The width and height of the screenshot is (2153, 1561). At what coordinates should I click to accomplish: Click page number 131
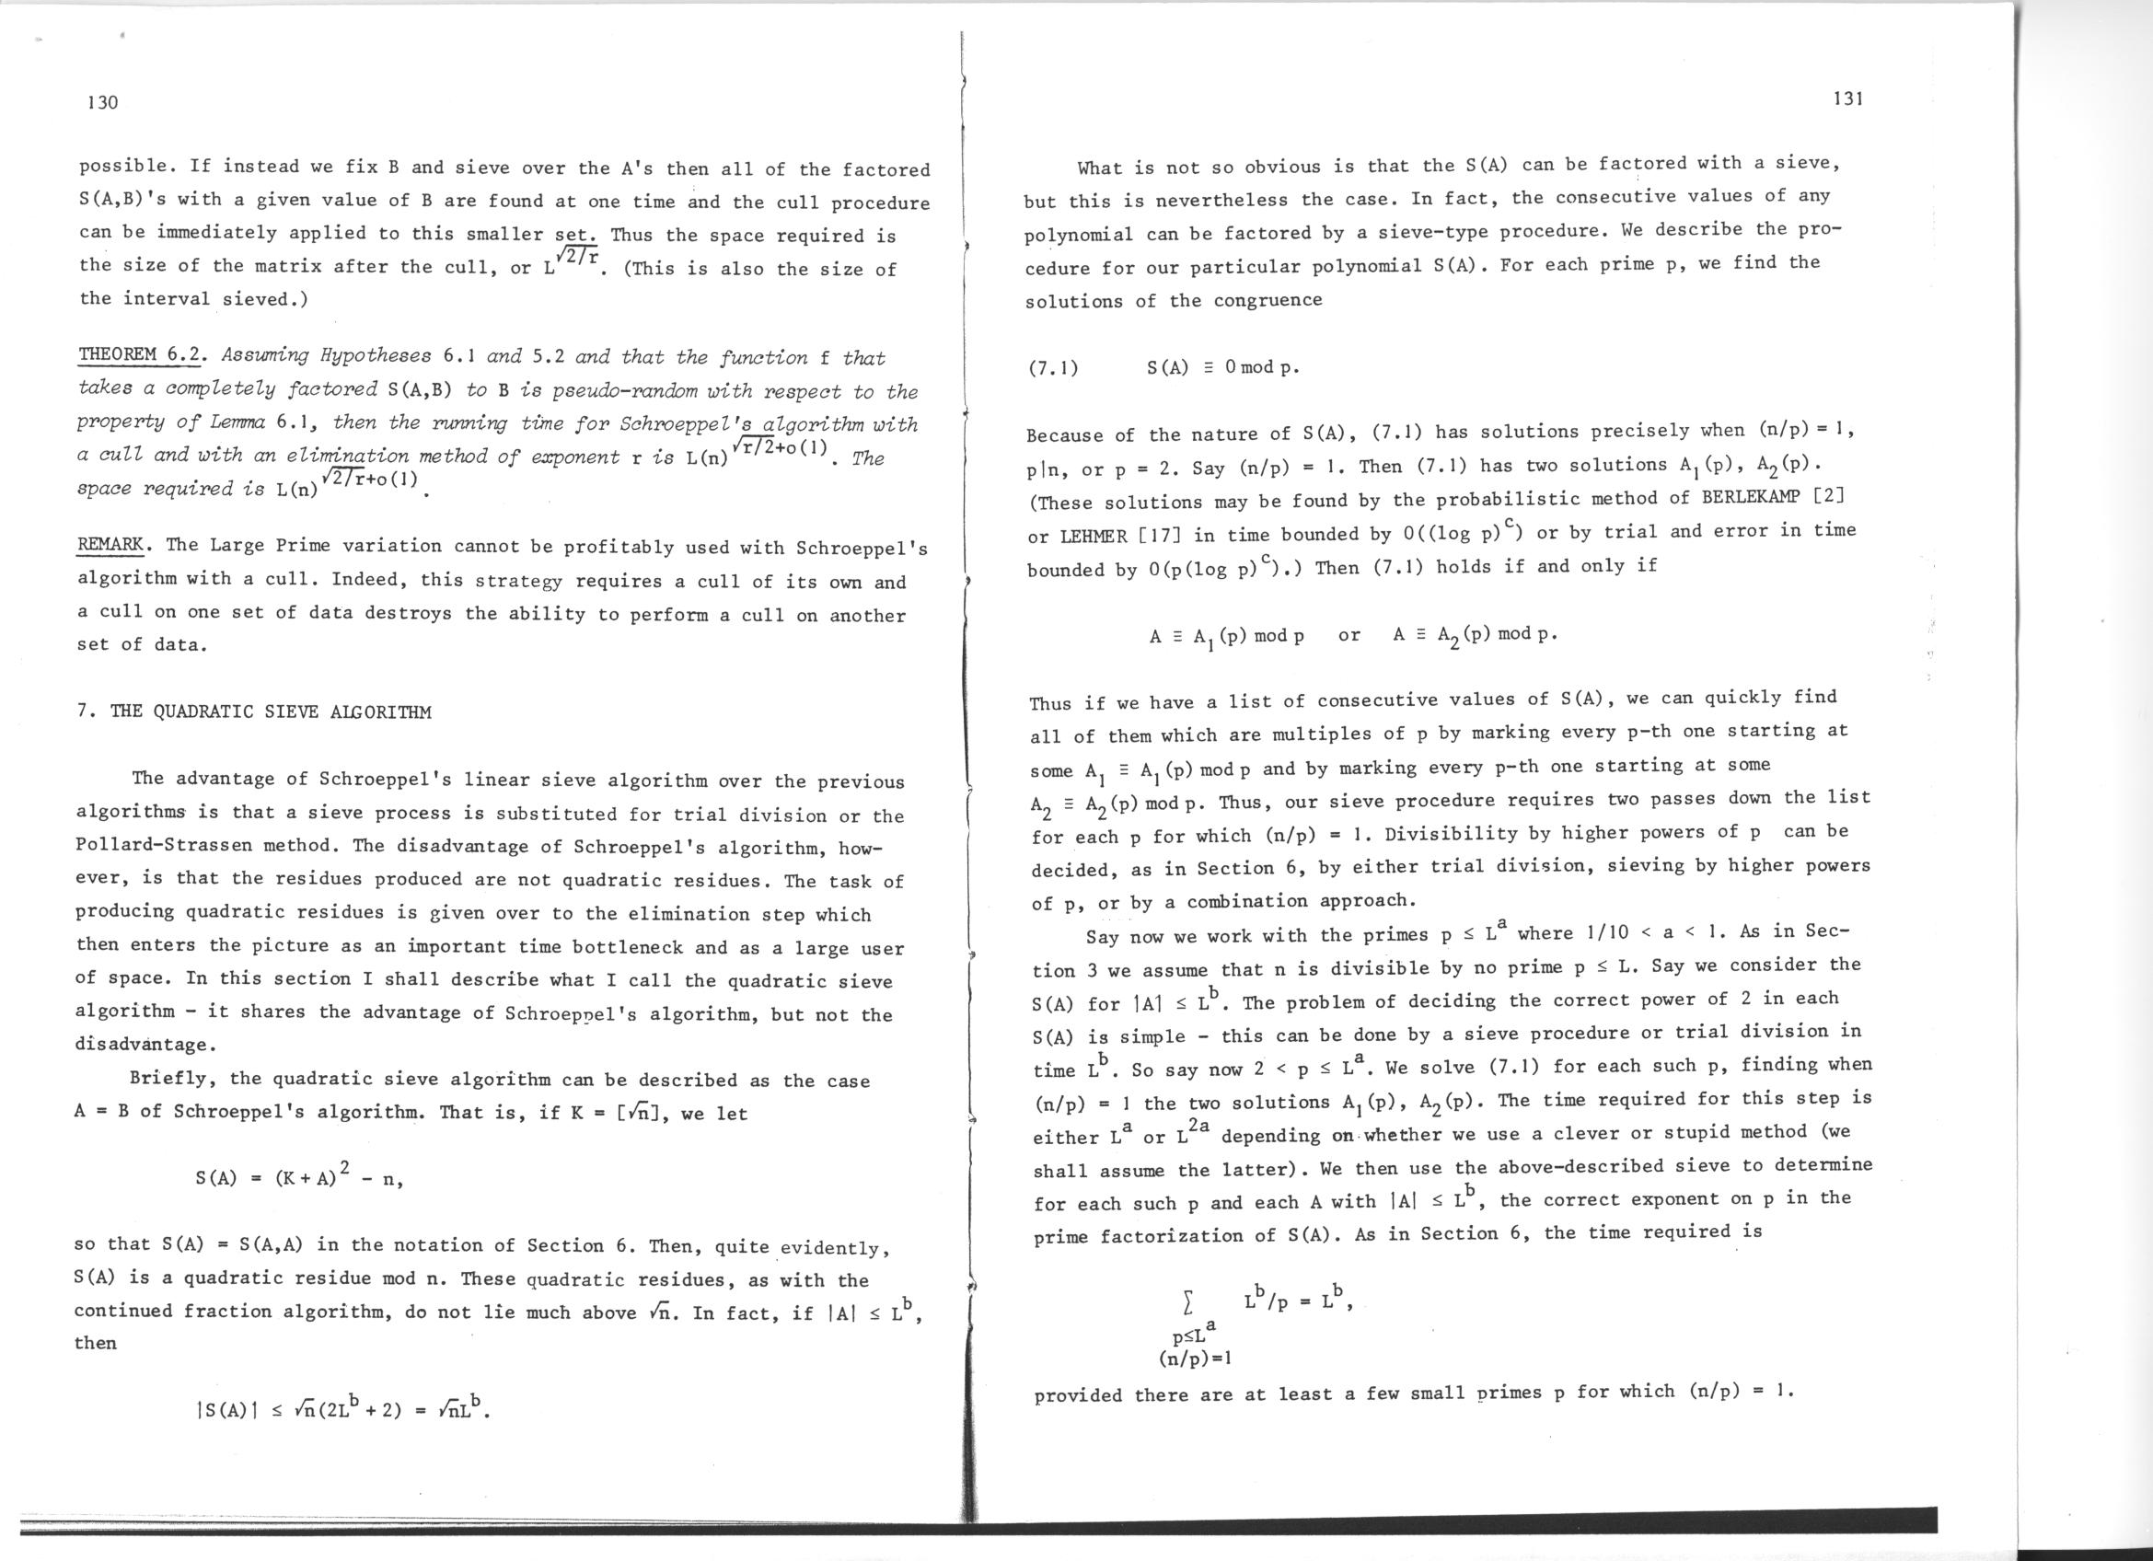click(x=1849, y=98)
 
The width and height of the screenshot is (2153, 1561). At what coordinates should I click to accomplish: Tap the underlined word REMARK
click(x=110, y=545)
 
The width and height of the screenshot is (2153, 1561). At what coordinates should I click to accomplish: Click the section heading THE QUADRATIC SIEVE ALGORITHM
click(x=270, y=711)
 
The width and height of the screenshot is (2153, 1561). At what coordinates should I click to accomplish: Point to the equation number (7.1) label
click(x=1053, y=368)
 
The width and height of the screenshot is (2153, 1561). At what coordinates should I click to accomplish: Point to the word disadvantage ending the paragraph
click(x=145, y=1045)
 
